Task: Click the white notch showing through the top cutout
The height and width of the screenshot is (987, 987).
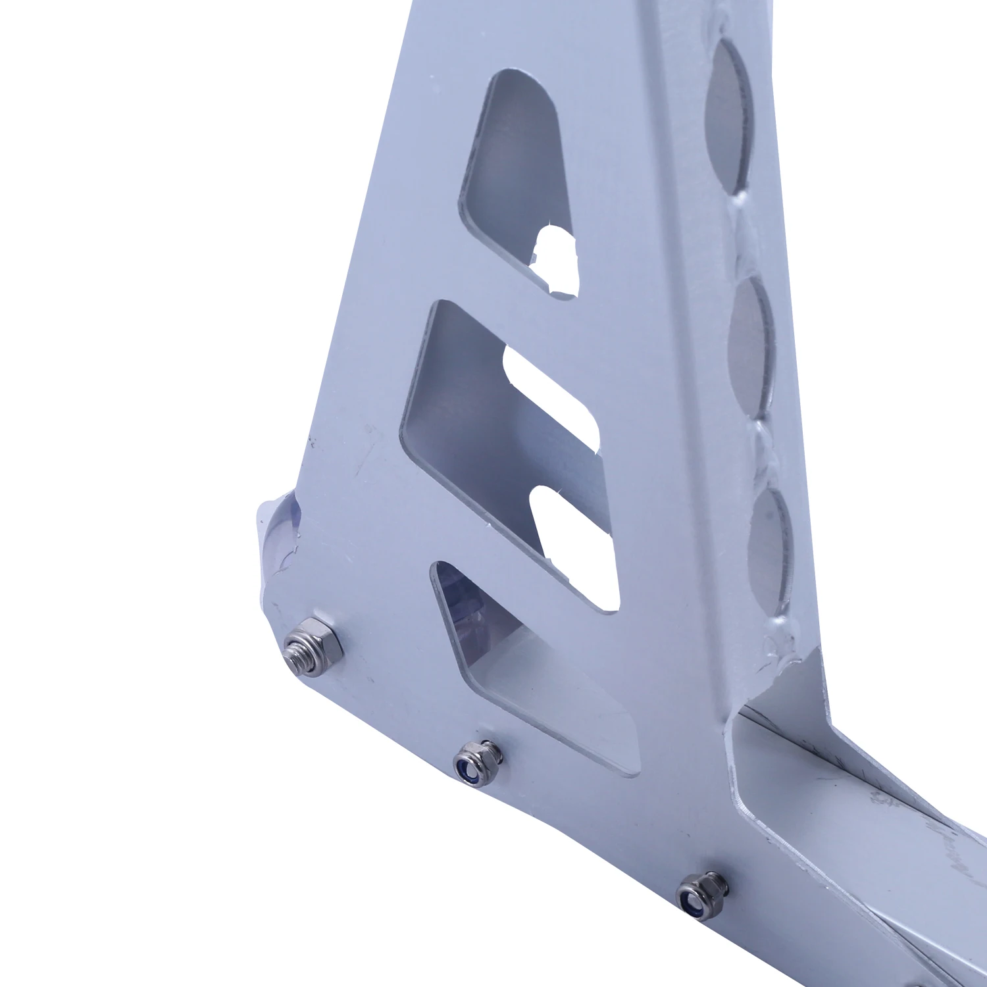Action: point(556,260)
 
